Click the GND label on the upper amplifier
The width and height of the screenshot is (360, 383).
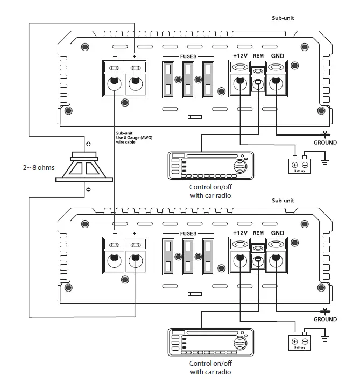[277, 55]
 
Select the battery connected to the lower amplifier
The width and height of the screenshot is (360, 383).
[300, 341]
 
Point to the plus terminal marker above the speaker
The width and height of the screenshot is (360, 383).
[88, 144]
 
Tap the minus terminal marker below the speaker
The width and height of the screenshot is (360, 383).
[88, 189]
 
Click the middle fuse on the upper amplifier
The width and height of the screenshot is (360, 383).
[188, 80]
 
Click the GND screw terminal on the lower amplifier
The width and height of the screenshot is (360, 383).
[276, 260]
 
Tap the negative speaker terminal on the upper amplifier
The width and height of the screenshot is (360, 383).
[114, 83]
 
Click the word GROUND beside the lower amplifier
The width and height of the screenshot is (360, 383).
[325, 320]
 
